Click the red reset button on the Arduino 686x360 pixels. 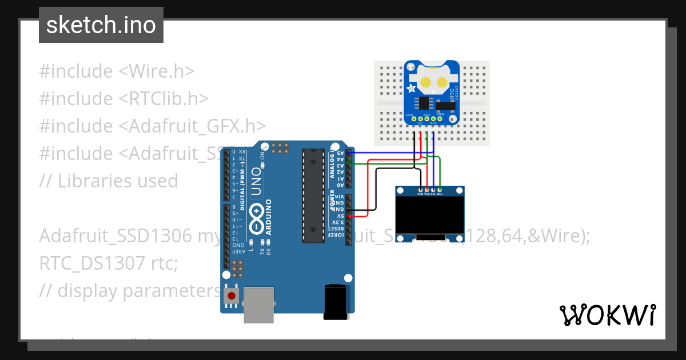pyautogui.click(x=231, y=296)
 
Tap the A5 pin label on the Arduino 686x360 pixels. pyautogui.click(x=340, y=153)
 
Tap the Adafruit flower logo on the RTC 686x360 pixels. pyautogui.click(x=412, y=89)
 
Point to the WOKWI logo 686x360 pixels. pyautogui.click(x=607, y=315)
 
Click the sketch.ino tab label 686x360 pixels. pyautogui.click(x=101, y=25)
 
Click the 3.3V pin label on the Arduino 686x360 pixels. pyautogui.click(x=340, y=223)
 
